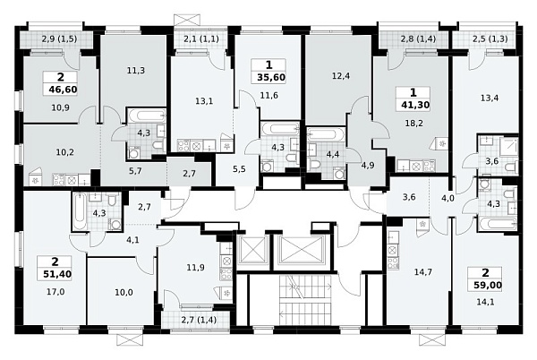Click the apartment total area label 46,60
(63, 90)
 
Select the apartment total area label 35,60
(271, 77)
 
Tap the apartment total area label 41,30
(415, 105)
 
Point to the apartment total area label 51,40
(57, 274)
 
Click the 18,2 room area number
(415, 124)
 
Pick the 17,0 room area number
(55, 292)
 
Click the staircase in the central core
(306, 299)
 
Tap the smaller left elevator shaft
(253, 249)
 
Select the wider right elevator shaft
(301, 249)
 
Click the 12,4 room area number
(340, 76)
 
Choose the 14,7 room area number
(423, 272)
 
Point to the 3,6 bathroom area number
(492, 161)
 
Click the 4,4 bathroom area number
(333, 155)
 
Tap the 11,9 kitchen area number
(196, 267)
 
